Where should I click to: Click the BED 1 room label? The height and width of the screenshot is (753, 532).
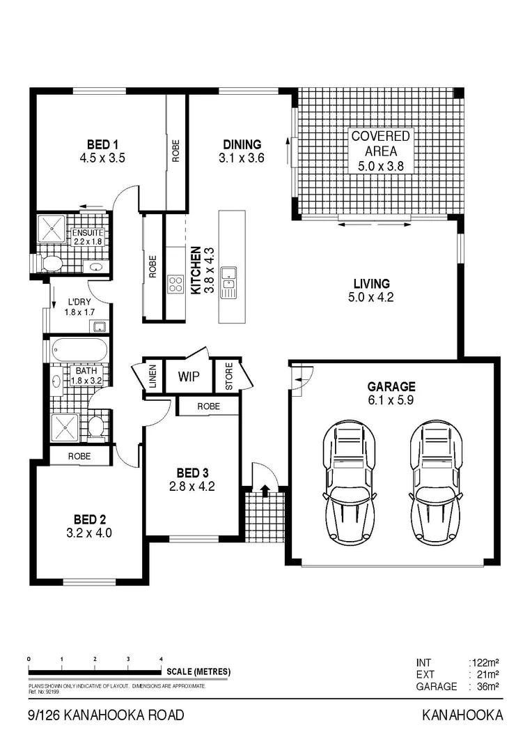102,144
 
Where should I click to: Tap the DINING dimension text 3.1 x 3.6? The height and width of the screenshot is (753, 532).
242,158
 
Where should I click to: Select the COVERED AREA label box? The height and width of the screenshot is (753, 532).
381,150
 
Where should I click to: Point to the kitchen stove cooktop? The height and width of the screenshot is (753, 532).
176,284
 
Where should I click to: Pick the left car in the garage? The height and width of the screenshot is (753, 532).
349,482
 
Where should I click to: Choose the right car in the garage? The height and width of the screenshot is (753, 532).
436,482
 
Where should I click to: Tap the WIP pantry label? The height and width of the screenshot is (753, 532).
189,377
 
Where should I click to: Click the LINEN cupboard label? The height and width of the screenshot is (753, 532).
152,377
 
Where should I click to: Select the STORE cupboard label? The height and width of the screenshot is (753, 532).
227,377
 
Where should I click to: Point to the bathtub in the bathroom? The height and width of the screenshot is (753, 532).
77,349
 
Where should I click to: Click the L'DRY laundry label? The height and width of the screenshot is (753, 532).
78,302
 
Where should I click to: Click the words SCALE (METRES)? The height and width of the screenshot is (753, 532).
198,672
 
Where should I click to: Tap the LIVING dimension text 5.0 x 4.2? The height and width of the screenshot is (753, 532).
371,298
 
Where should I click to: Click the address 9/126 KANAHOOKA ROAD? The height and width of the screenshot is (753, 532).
106,715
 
